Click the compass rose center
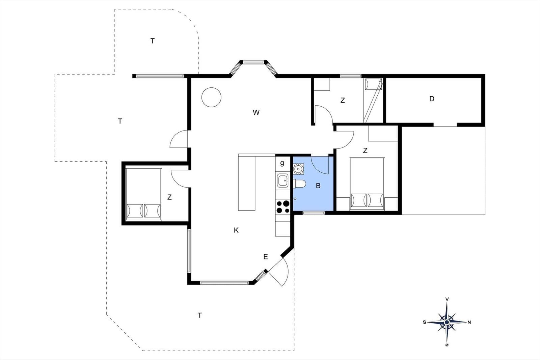[447, 322]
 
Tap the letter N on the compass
[469, 323]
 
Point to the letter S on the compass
[425, 322]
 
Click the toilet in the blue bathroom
[299, 184]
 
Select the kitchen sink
[282, 181]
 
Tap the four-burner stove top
[283, 207]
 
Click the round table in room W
[211, 97]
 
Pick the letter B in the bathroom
[318, 186]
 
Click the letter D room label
[432, 99]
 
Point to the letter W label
[256, 112]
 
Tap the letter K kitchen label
[236, 230]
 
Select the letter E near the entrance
[265, 257]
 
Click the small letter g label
[282, 163]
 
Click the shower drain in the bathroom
[295, 199]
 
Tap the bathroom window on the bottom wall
[314, 213]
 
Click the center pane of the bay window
[253, 62]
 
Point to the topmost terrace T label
[152, 41]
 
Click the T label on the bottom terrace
[199, 315]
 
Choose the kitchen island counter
[247, 182]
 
